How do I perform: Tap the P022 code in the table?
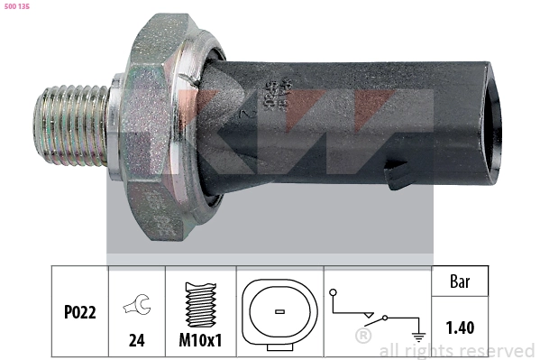79,312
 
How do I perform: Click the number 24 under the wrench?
138,341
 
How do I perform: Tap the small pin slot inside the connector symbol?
279,312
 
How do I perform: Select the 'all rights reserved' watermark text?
456,350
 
